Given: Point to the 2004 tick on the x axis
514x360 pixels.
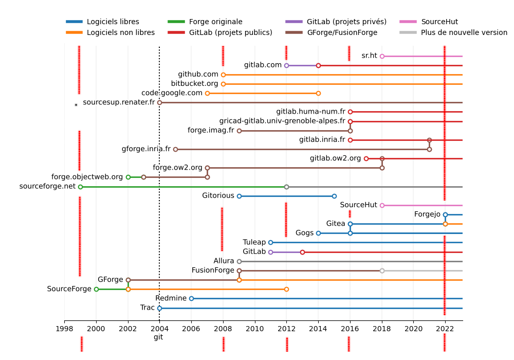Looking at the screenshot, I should (x=159, y=328).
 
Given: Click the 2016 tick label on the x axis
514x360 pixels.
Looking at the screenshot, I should (x=350, y=328).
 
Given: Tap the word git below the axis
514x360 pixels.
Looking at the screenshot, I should (x=158, y=337).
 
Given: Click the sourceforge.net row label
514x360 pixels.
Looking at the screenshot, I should (x=47, y=186).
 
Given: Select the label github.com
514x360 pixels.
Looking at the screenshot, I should (x=198, y=75).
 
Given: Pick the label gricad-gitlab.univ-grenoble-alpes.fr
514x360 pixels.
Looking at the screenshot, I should (x=282, y=121).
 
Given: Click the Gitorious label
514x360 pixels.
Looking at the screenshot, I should (x=218, y=196).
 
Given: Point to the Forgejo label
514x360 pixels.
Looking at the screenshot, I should (x=427, y=214).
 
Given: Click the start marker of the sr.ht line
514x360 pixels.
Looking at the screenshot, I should (x=382, y=56).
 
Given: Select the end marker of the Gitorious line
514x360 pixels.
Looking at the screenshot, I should (x=334, y=196).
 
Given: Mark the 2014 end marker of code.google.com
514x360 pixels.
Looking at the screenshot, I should (x=318, y=93).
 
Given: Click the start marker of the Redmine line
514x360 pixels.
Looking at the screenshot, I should (x=191, y=298).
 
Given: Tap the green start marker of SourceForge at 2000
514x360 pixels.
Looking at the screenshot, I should (x=96, y=289).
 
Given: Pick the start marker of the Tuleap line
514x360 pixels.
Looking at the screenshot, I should (x=270, y=242).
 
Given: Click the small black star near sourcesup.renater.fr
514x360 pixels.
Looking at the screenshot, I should (x=76, y=104).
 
